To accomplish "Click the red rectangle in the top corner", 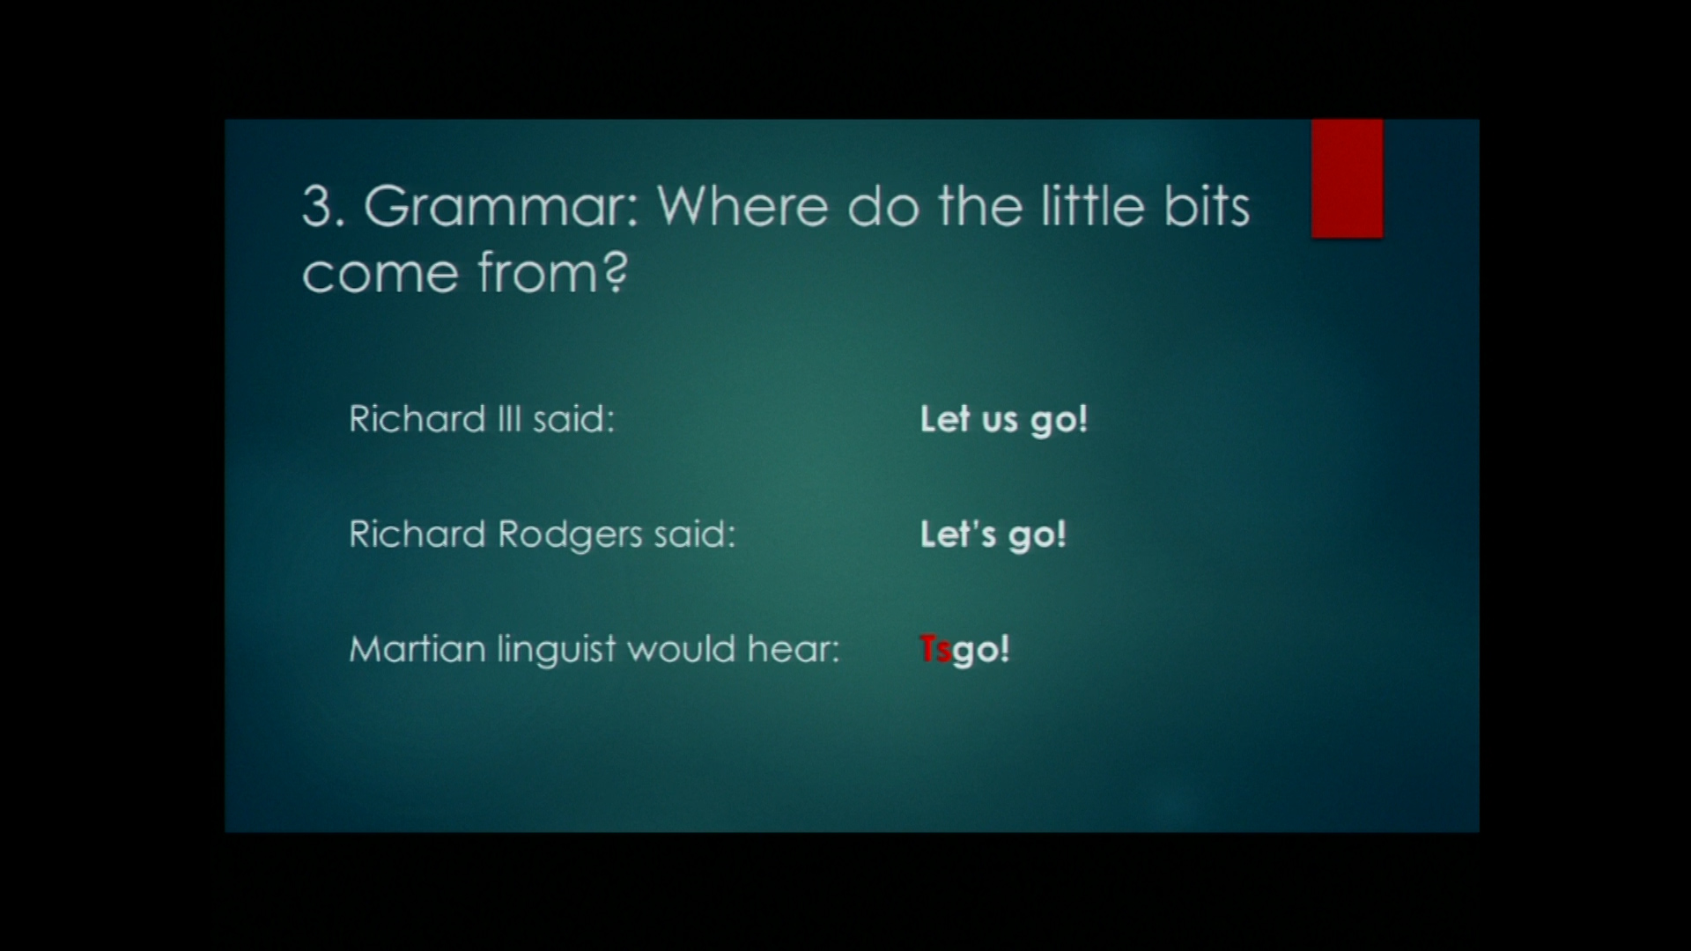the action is click(1347, 179).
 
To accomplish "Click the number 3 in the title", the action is click(317, 208).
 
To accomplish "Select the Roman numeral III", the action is click(509, 418).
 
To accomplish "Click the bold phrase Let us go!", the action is click(1004, 420).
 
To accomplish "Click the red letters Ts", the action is click(935, 650).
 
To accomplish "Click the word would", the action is click(682, 649).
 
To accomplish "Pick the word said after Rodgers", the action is click(694, 534).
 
